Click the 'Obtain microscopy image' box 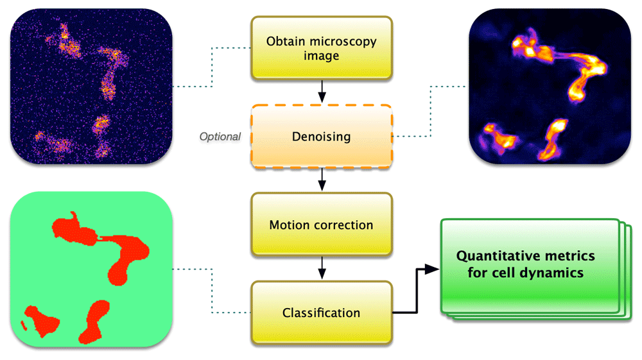(x=321, y=48)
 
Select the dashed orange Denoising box (x=321, y=137)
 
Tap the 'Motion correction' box (x=321, y=225)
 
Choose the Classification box (x=321, y=313)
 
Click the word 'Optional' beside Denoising (x=220, y=137)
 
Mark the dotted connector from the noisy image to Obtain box (x=212, y=67)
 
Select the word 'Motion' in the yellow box (x=290, y=225)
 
